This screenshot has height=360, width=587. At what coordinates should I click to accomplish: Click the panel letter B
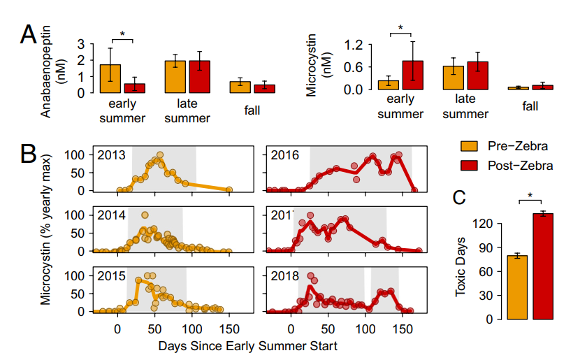pyautogui.click(x=29, y=154)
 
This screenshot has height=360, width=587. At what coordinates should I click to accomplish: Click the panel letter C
pyautogui.click(x=459, y=198)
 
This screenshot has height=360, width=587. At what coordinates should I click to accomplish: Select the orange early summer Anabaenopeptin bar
pyautogui.click(x=110, y=78)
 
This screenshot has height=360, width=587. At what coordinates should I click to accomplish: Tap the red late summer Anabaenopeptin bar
pyautogui.click(x=200, y=76)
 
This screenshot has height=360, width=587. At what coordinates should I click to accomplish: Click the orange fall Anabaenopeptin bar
pyautogui.click(x=240, y=87)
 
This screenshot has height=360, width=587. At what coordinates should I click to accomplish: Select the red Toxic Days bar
pyautogui.click(x=543, y=266)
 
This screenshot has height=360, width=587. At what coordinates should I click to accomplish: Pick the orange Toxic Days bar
pyautogui.click(x=517, y=287)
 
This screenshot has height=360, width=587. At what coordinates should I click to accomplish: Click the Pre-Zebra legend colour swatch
pyautogui.click(x=470, y=146)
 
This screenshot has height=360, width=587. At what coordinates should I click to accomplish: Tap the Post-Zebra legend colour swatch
pyautogui.click(x=470, y=166)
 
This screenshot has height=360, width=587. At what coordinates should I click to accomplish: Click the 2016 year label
pyautogui.click(x=283, y=155)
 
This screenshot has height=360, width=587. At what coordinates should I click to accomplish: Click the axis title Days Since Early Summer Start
pyautogui.click(x=248, y=345)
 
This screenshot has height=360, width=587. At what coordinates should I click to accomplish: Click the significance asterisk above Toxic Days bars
pyautogui.click(x=530, y=196)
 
